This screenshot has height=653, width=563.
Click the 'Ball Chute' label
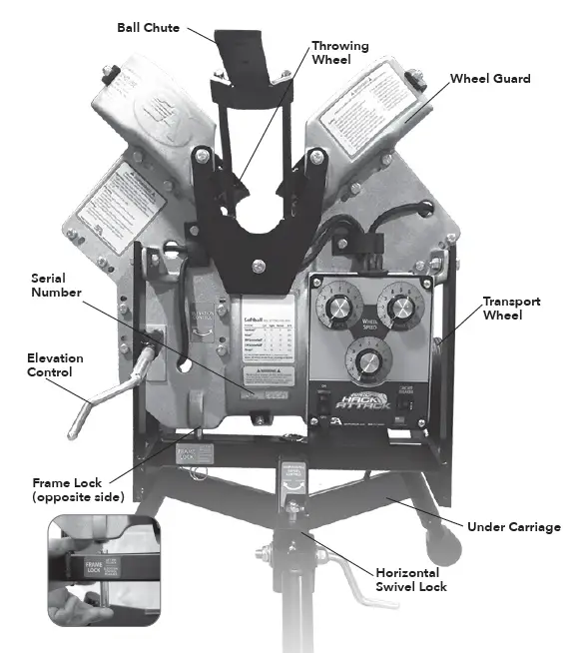(x=147, y=28)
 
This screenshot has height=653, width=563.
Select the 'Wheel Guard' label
(x=489, y=78)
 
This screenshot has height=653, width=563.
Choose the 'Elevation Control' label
(x=54, y=365)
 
